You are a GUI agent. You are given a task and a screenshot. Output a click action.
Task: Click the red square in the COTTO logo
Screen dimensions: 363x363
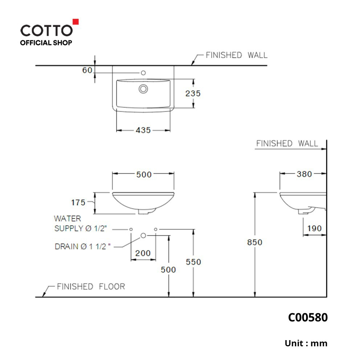[76, 21]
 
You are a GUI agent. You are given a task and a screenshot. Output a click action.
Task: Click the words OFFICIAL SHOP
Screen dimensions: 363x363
[46, 43]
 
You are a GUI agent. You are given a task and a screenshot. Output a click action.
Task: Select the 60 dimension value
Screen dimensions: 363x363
[87, 70]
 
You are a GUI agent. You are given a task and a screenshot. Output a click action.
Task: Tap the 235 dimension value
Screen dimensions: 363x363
[193, 94]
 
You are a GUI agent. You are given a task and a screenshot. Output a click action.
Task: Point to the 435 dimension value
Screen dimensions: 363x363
[143, 130]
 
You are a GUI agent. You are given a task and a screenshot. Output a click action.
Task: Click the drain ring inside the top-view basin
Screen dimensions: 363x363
[143, 89]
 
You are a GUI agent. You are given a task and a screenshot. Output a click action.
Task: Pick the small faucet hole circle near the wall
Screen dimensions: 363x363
[143, 73]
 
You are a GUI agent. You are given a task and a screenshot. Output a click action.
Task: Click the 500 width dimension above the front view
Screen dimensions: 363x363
[144, 175]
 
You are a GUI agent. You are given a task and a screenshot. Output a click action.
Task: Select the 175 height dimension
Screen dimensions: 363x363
[78, 203]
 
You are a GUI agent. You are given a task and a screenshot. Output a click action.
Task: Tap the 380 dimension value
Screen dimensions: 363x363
[305, 174]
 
